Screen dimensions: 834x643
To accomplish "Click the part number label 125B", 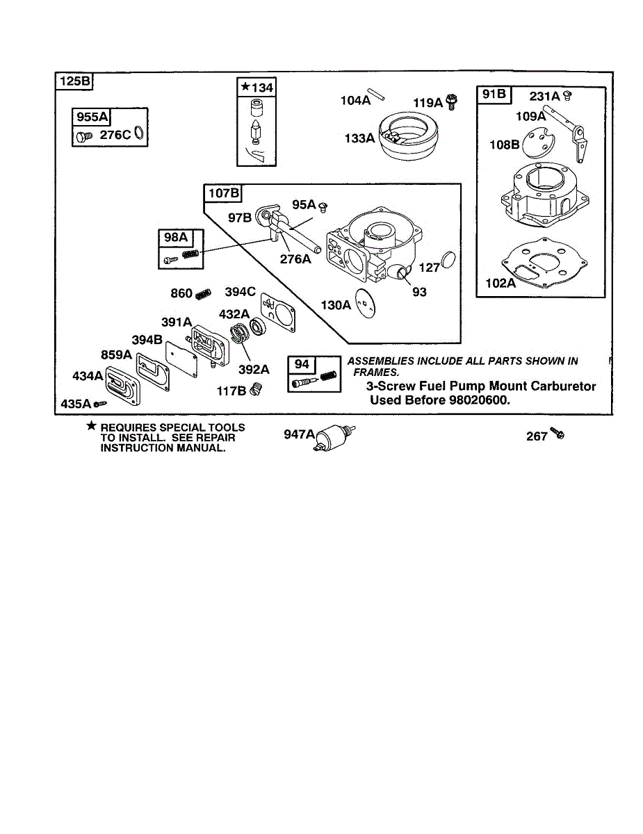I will [x=74, y=81].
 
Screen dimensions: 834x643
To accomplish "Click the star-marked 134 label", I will [x=257, y=88].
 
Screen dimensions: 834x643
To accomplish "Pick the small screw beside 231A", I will [x=567, y=95].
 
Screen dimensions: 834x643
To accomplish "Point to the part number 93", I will [x=419, y=293].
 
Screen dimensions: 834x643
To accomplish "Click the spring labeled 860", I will [x=202, y=294].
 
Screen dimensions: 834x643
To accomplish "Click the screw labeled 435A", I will [x=102, y=403].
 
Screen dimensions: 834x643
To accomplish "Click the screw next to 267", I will [x=557, y=434].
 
